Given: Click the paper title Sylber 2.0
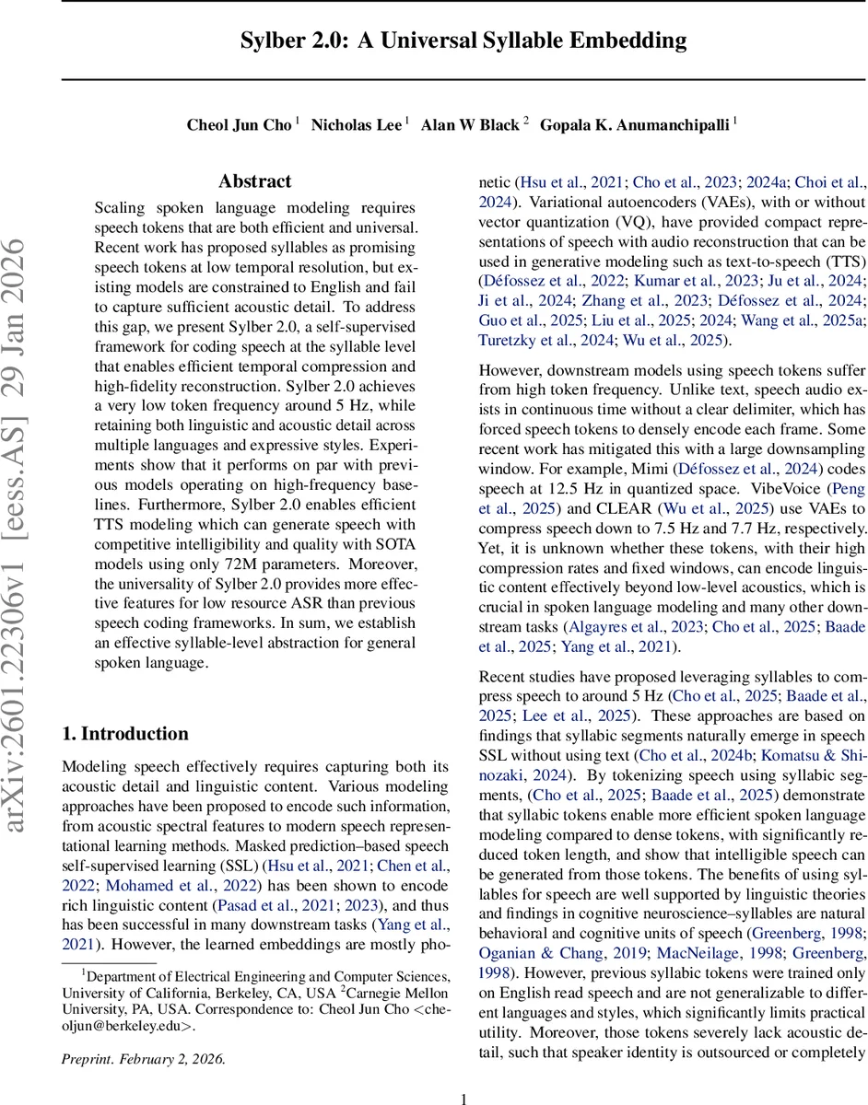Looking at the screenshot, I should tap(463, 40).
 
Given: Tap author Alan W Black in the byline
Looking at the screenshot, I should tap(470, 125).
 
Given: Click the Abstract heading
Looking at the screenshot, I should tap(254, 181).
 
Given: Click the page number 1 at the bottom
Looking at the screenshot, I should tap(464, 1090).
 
